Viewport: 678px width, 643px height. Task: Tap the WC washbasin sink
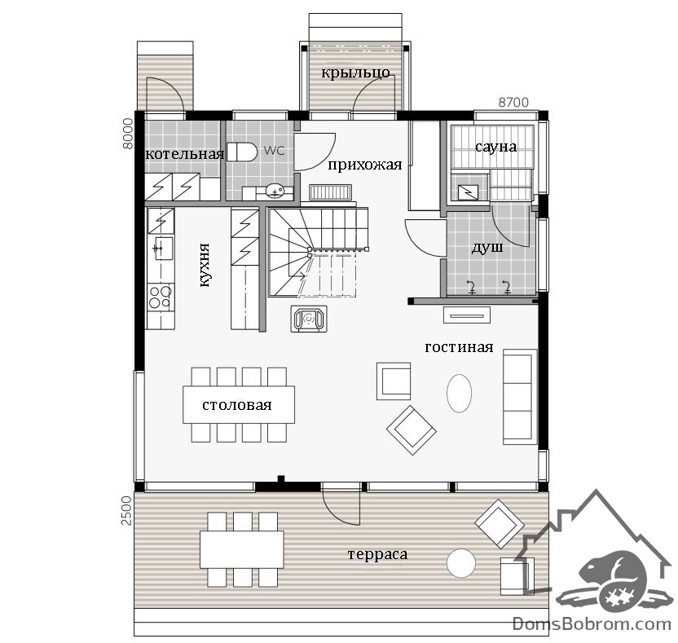275,190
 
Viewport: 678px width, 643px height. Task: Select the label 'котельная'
185,154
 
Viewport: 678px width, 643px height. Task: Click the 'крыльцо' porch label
355,73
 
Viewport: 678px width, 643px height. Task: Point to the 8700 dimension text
513,102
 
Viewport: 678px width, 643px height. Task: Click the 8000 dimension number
129,134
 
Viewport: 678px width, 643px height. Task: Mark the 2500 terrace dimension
125,510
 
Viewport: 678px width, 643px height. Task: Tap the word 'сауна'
495,147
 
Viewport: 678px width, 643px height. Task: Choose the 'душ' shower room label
487,248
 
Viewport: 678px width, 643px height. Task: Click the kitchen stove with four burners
161,297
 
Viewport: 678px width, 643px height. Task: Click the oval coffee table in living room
459,393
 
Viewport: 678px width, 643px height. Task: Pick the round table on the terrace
461,563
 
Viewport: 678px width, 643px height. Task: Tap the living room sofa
519,397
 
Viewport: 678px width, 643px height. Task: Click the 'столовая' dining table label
237,405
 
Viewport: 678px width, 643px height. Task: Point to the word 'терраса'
377,554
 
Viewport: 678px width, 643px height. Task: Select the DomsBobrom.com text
592,623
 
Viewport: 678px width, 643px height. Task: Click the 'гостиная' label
459,347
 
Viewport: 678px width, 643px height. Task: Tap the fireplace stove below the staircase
309,319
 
